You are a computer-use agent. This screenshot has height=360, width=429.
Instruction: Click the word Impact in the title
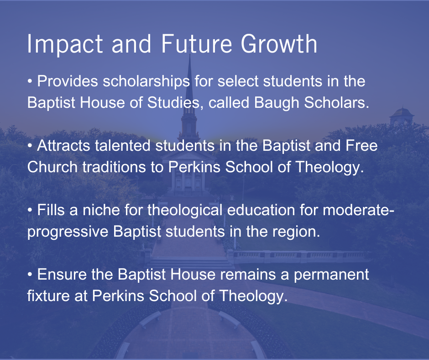click(65, 45)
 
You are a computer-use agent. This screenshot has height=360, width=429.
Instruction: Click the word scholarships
click(146, 81)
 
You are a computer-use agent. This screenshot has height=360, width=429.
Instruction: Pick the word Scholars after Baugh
click(336, 102)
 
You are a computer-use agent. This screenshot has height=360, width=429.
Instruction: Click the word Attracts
click(63, 145)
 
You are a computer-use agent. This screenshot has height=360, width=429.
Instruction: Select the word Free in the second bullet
click(361, 145)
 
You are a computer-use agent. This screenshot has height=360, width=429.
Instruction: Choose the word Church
click(52, 167)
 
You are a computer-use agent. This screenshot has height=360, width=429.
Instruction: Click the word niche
click(101, 210)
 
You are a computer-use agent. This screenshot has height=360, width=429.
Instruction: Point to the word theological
click(185, 211)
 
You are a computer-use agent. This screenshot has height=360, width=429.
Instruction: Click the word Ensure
click(62, 275)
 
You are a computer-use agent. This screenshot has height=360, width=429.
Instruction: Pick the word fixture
click(48, 296)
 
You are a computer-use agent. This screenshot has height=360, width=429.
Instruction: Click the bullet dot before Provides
click(30, 82)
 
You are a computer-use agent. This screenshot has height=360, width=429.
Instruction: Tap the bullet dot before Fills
click(30, 211)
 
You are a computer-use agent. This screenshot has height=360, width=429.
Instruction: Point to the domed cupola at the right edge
click(401, 116)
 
